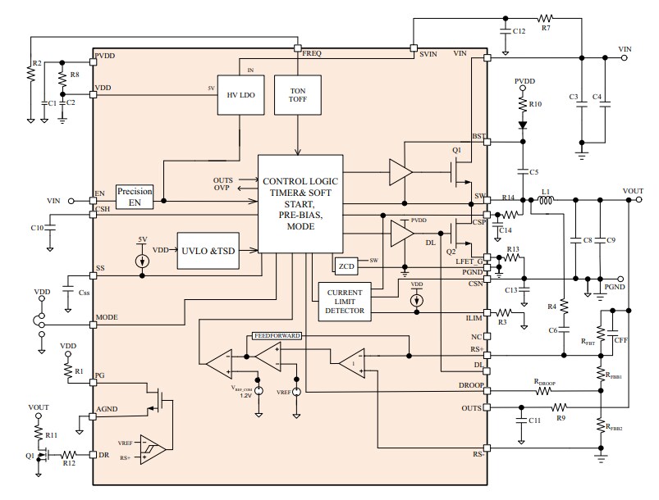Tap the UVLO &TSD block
tap(208, 251)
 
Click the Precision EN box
tap(135, 196)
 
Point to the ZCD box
tap(346, 266)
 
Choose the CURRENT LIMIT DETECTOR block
tap(344, 302)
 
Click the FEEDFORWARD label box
tap(277, 335)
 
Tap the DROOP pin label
tap(472, 384)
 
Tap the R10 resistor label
tap(535, 104)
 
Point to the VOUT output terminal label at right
tap(633, 190)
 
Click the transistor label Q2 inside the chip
tap(451, 252)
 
